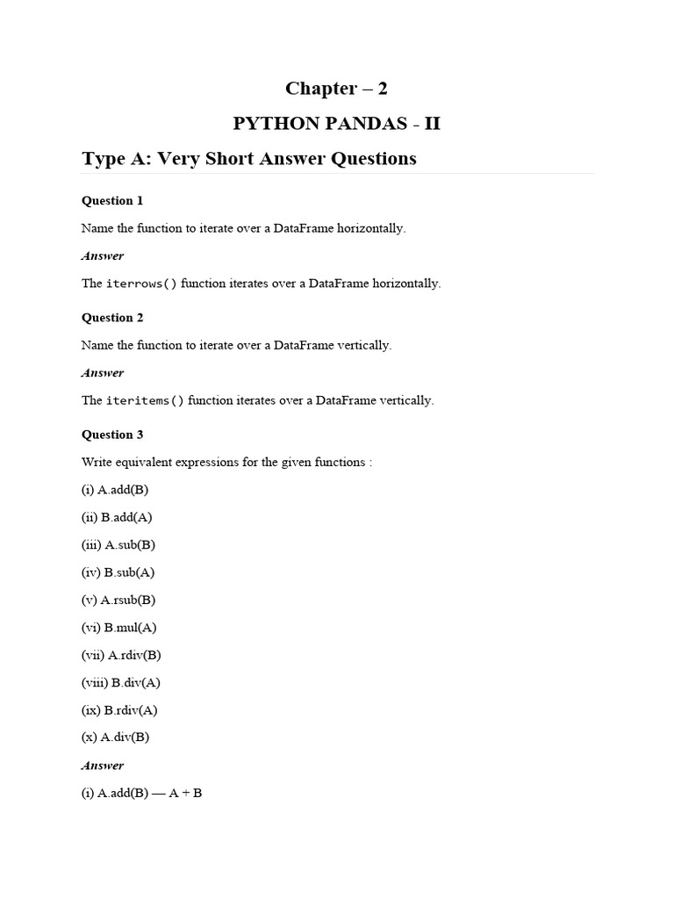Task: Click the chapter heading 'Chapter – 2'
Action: tap(336, 89)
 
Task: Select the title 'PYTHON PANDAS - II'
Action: tap(336, 124)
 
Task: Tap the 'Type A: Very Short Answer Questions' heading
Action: tap(248, 159)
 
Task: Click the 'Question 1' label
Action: tap(112, 201)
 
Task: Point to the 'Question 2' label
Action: tap(112, 318)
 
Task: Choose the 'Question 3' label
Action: tap(112, 435)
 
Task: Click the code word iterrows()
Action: tap(141, 284)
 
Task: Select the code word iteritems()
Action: tap(145, 401)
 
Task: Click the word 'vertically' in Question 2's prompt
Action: tap(363, 345)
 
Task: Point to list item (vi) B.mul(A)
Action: tap(118, 628)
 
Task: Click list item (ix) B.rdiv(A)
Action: tap(119, 710)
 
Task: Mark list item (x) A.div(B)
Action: tap(115, 737)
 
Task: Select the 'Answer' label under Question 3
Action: tap(103, 766)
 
